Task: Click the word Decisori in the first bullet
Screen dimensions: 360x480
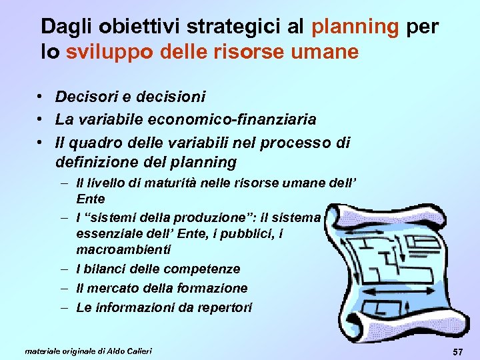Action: (83, 97)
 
